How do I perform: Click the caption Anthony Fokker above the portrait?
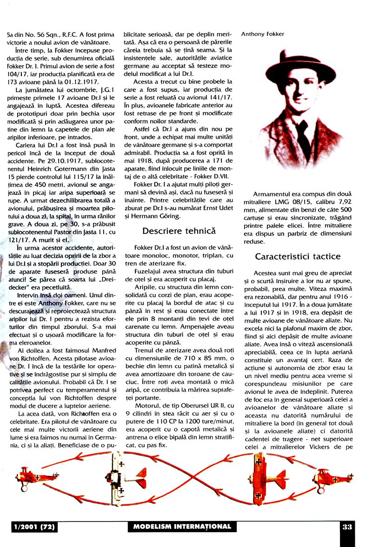263,34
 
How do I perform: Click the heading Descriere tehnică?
179,231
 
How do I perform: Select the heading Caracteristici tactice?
298,256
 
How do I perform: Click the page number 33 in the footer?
347,527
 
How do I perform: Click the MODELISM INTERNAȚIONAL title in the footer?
182,527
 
